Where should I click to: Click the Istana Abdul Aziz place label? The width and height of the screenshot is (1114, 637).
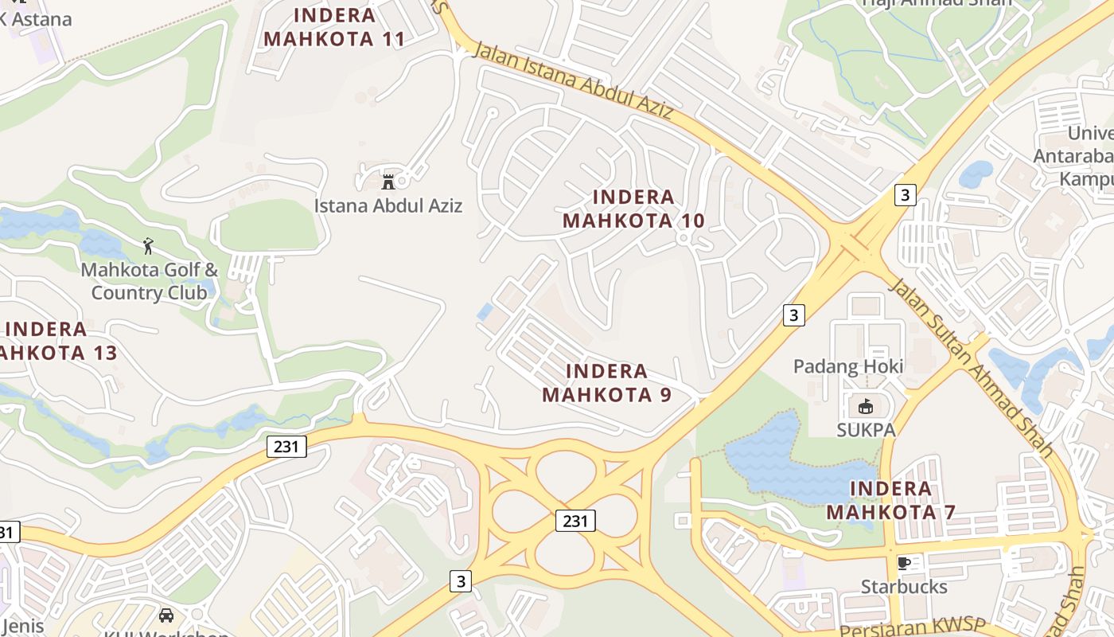tap(388, 205)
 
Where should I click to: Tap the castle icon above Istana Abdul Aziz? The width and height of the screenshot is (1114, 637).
tap(388, 182)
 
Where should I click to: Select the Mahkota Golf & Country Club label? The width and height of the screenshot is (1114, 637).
tap(149, 281)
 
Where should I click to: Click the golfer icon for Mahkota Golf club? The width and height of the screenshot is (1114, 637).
tap(148, 246)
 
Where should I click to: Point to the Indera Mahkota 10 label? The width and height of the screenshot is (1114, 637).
tap(633, 209)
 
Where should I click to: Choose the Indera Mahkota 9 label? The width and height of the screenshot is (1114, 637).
tap(606, 382)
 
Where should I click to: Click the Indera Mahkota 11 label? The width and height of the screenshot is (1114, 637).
tap(334, 26)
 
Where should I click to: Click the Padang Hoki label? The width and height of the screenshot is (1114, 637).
tap(848, 366)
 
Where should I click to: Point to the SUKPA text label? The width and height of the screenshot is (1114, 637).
tap(866, 430)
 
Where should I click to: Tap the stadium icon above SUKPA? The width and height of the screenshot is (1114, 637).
tap(866, 407)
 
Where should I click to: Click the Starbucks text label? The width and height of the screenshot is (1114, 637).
tap(904, 587)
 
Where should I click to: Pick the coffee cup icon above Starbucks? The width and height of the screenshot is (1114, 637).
tap(904, 563)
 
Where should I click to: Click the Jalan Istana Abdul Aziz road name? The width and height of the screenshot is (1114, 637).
tap(574, 81)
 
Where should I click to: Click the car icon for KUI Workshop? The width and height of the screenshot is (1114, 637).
tap(166, 616)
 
